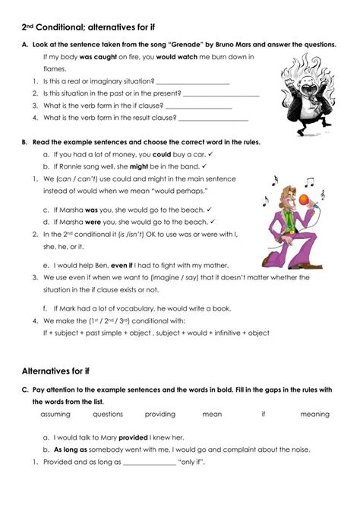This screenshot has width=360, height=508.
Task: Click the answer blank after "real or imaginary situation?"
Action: coord(192,81)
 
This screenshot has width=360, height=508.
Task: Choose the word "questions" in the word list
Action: coord(108,415)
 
